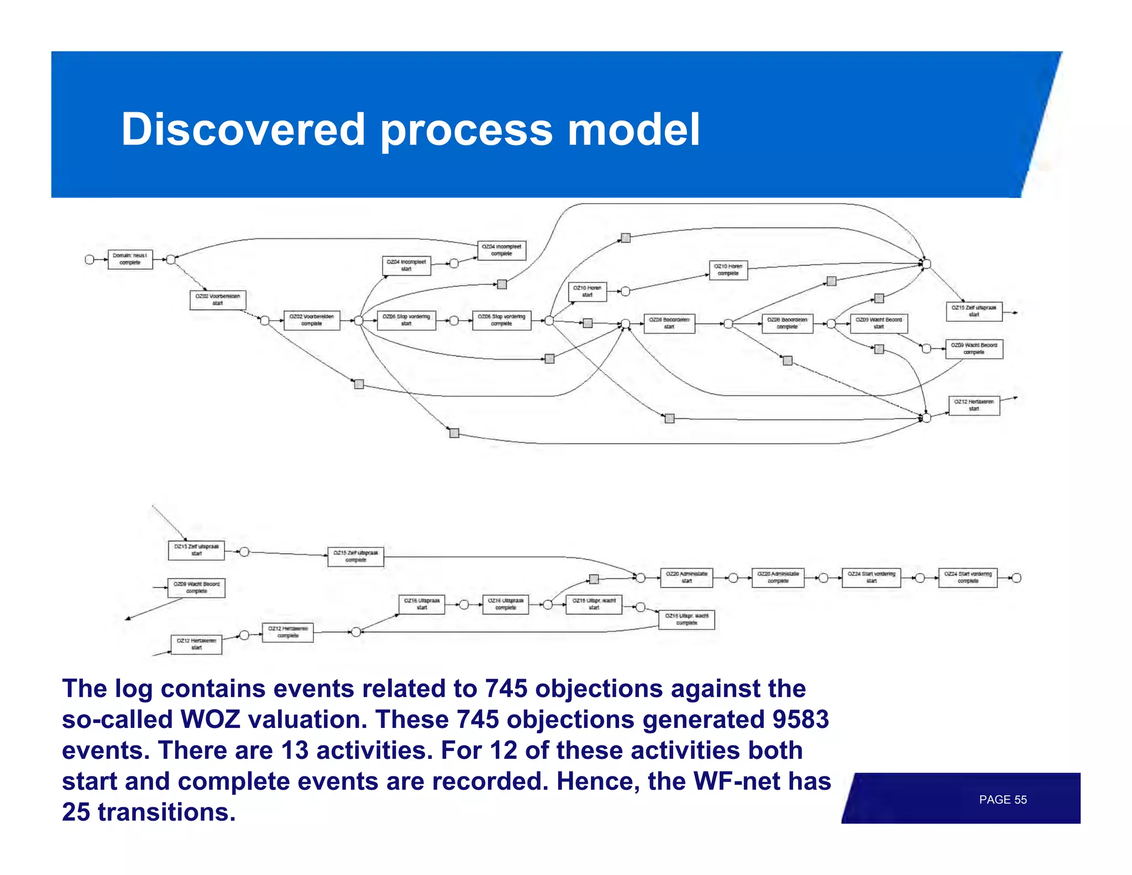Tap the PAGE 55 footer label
tap(1002, 800)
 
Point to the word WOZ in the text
tap(210, 720)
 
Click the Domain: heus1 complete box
tap(130, 259)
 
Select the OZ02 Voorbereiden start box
tap(218, 300)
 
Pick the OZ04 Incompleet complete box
tap(501, 251)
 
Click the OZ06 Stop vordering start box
tap(406, 320)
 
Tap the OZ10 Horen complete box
tap(728, 270)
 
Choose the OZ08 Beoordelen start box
tap(669, 324)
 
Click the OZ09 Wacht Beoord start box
tap(878, 324)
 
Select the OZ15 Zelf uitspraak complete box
tap(355, 556)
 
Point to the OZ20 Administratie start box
tap(686, 577)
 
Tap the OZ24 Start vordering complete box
tap(968, 577)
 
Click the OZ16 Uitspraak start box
tap(422, 604)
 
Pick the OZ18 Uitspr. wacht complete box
tap(686, 619)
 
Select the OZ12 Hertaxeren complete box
tap(287, 632)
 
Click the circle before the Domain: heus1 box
tap(90, 259)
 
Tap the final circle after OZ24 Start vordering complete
tap(1016, 578)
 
